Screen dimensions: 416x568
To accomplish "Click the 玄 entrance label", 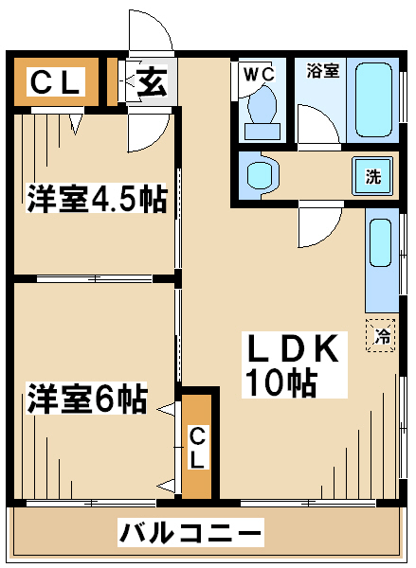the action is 153,81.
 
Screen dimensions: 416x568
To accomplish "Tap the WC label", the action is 259,75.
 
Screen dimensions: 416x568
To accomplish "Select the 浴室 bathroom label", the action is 323,71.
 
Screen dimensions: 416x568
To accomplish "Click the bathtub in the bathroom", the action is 373,100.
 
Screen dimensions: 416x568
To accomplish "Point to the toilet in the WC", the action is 262,115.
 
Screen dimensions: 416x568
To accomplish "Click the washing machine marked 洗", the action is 372,176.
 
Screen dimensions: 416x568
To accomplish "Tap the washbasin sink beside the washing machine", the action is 262,175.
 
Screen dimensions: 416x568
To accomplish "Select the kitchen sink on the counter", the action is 380,243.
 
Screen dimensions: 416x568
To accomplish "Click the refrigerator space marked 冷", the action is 380,335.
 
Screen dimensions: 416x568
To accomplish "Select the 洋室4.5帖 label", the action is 97,198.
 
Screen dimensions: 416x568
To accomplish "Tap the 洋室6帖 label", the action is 87,399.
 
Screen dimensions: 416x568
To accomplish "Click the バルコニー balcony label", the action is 190,532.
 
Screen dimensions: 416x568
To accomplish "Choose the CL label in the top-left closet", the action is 55,82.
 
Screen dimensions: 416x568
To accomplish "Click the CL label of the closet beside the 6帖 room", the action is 197,448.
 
